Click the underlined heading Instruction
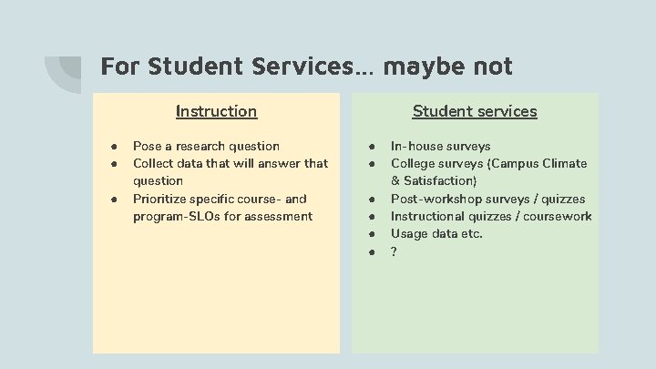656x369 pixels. (216, 111)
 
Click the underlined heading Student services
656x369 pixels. (474, 111)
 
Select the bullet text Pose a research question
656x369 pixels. (206, 146)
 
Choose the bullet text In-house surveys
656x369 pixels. (440, 146)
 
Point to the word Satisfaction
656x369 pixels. (442, 181)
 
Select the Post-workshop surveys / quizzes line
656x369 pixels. (487, 199)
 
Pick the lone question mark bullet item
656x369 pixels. (394, 251)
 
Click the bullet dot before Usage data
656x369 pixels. (373, 234)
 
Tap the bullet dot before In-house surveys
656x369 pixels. (373, 147)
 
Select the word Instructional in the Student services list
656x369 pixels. (428, 216)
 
